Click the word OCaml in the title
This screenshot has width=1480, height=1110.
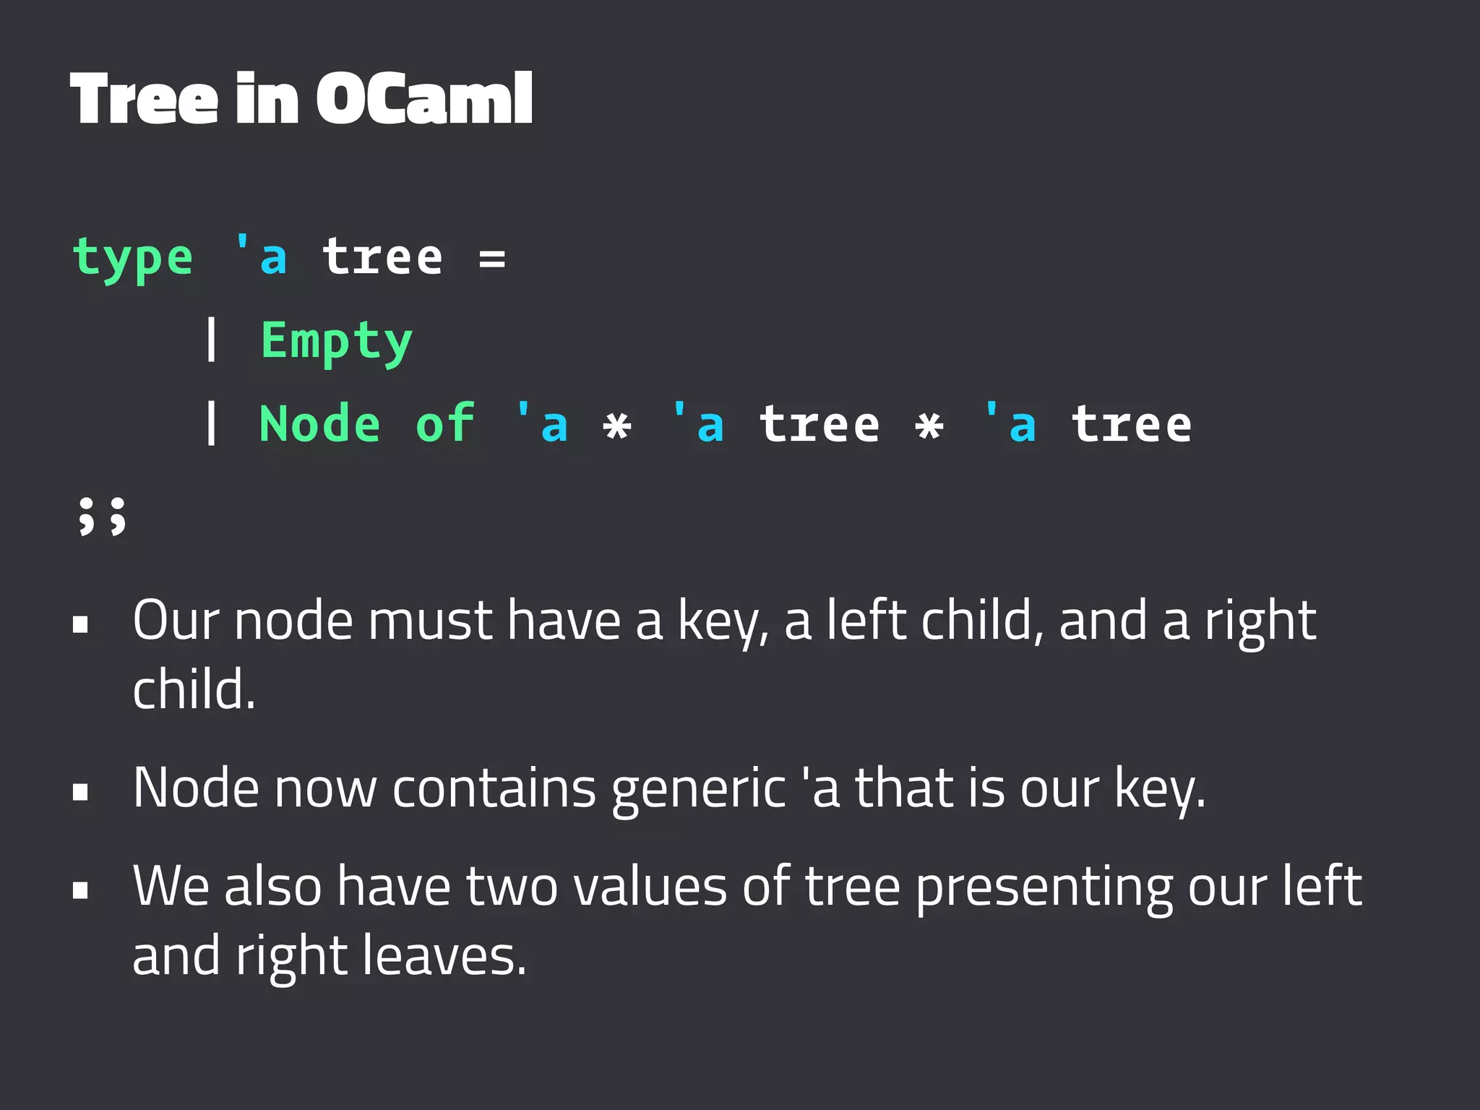click(x=424, y=99)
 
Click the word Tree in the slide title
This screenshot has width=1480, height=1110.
click(x=144, y=99)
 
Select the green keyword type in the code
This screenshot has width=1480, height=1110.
click(x=133, y=259)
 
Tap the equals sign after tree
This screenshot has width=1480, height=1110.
click(x=492, y=258)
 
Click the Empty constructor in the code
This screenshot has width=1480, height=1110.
click(x=336, y=341)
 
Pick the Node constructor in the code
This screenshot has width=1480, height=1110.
click(x=319, y=424)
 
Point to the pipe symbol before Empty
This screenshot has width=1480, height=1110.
click(x=211, y=340)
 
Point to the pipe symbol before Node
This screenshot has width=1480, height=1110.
click(x=211, y=423)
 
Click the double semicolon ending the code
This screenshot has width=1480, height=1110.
click(x=102, y=516)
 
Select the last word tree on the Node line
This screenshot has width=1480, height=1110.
click(x=1131, y=424)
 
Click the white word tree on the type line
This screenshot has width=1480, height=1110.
click(x=382, y=258)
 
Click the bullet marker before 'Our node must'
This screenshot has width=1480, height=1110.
click(x=80, y=624)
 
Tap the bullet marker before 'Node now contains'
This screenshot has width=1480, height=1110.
click(x=80, y=791)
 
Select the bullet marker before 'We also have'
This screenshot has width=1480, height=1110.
click(x=80, y=890)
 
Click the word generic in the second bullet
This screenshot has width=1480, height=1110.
click(x=698, y=789)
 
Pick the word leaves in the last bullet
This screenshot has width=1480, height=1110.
click(x=444, y=956)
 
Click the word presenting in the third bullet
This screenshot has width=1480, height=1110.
click(x=1044, y=888)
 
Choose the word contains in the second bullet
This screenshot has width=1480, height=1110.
click(x=494, y=788)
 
